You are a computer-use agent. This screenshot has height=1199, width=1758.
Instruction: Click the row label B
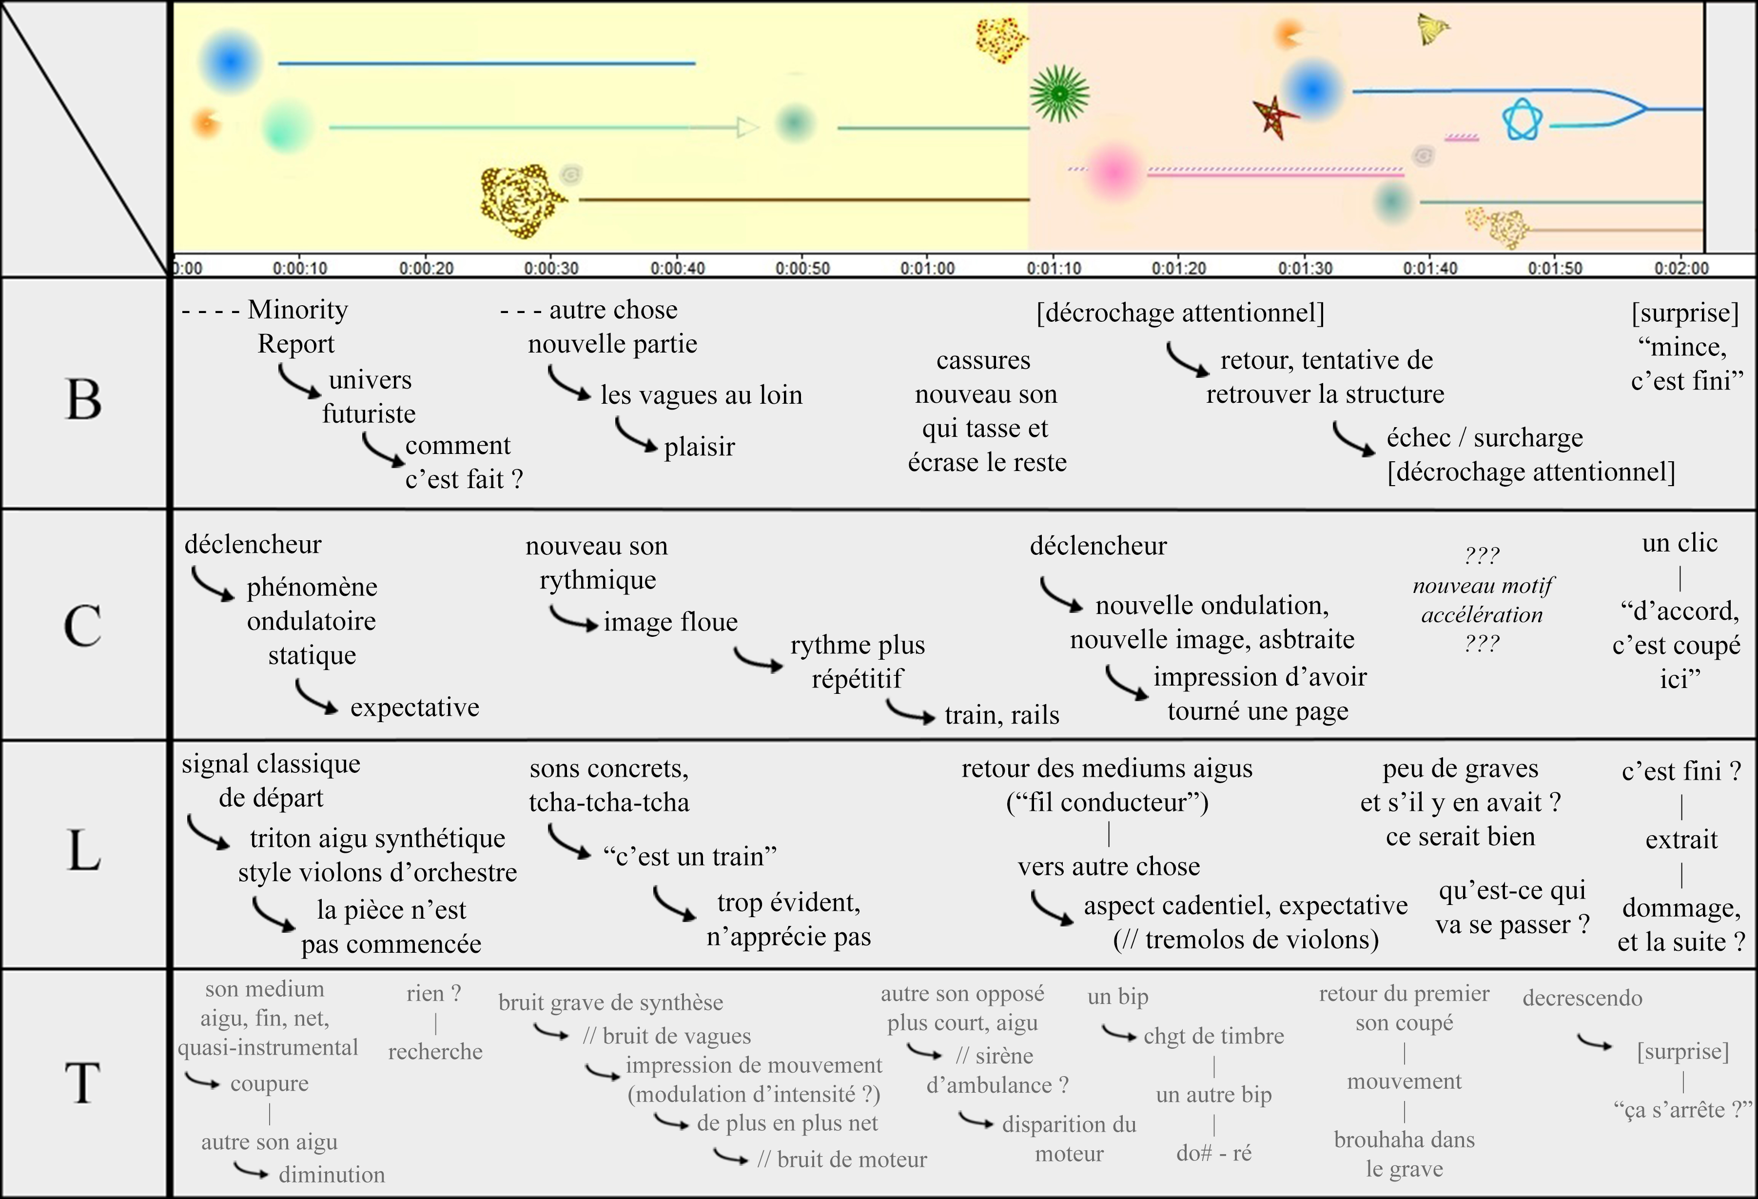tap(83, 399)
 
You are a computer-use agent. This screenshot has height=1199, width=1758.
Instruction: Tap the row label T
tap(83, 1082)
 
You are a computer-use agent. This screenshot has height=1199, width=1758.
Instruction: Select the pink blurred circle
tap(1113, 172)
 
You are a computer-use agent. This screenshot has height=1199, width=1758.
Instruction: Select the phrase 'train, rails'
tap(1001, 715)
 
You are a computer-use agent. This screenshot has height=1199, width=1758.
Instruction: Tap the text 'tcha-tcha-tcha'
tap(609, 802)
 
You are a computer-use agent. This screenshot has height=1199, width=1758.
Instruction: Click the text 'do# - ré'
tap(1214, 1153)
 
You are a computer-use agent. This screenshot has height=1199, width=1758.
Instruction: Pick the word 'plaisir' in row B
tap(699, 447)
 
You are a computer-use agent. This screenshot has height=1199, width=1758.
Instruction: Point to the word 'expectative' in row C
tap(414, 708)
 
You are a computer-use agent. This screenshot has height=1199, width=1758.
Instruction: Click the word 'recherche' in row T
tap(436, 1051)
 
